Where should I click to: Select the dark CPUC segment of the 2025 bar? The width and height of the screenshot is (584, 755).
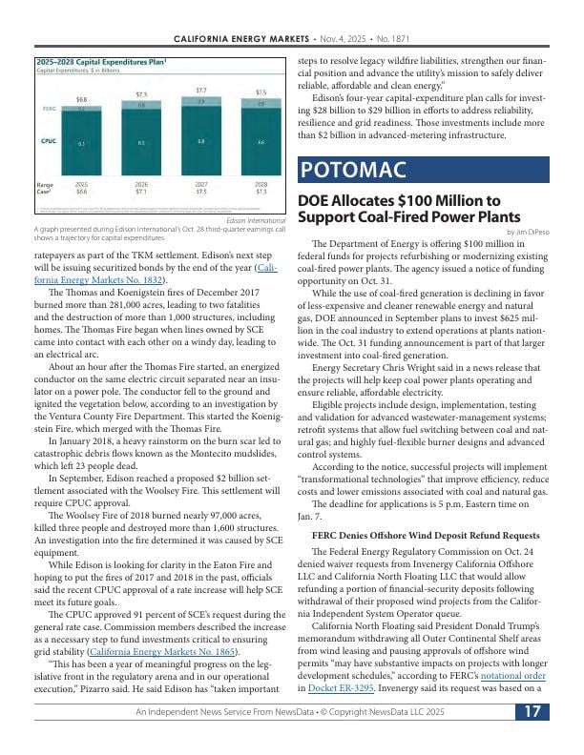click(82, 143)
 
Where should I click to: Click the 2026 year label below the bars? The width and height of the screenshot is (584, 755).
click(141, 184)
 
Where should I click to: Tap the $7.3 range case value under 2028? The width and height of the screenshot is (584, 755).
click(261, 192)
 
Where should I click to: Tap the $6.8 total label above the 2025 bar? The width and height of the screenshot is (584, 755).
click(82, 99)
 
